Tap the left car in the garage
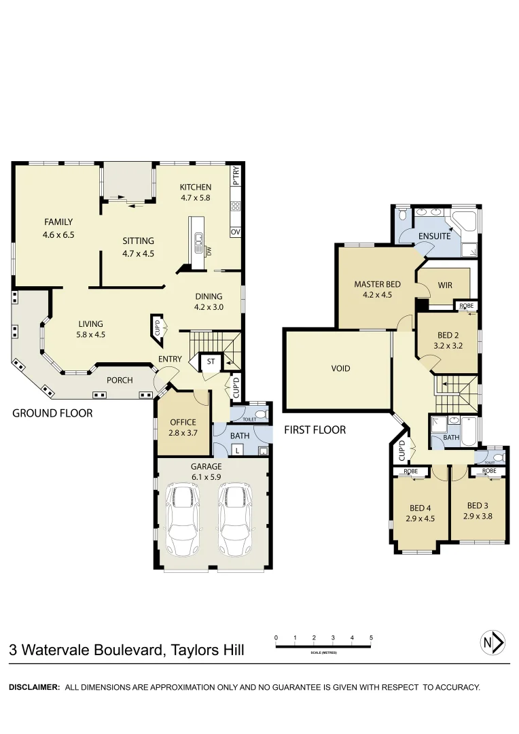click(x=181, y=519)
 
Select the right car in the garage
click(x=235, y=519)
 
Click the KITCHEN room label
click(x=195, y=188)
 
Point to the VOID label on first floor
click(x=340, y=369)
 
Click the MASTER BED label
click(x=377, y=284)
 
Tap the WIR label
click(x=445, y=285)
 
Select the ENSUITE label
click(x=435, y=236)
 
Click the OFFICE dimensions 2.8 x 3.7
click(x=182, y=432)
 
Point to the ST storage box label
click(x=211, y=362)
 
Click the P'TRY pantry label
click(x=236, y=176)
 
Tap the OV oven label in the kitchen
click(x=236, y=232)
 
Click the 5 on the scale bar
click(x=371, y=637)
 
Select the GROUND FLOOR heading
click(x=52, y=413)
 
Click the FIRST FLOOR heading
click(x=315, y=430)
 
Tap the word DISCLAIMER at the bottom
click(x=34, y=687)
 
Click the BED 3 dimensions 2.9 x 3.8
click(x=478, y=516)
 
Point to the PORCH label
click(x=119, y=380)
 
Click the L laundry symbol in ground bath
click(x=237, y=450)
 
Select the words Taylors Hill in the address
click(x=207, y=650)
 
